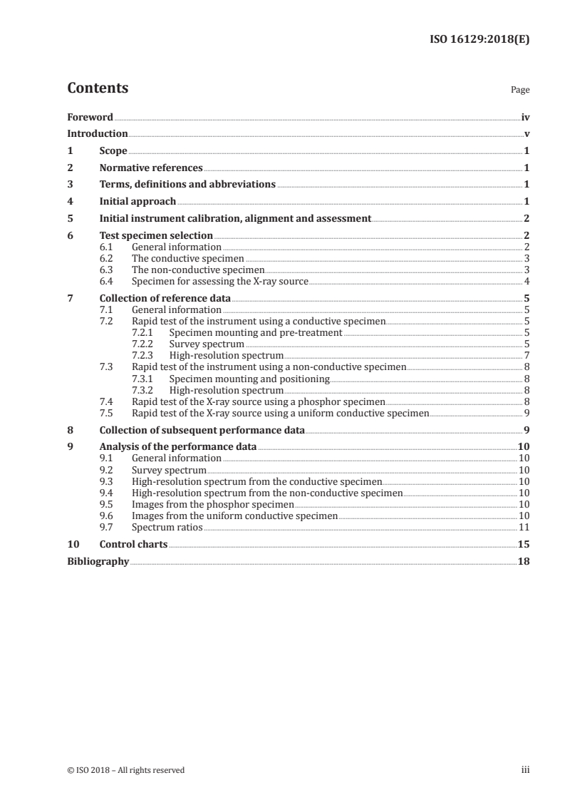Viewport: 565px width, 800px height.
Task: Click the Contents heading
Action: tap(98, 88)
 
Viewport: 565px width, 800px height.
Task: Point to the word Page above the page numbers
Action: tap(520, 91)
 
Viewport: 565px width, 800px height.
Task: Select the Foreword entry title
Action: tap(90, 116)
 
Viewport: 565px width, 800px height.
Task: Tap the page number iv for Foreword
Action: tap(525, 116)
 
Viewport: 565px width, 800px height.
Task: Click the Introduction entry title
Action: tap(98, 133)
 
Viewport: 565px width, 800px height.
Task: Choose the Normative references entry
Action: tap(151, 168)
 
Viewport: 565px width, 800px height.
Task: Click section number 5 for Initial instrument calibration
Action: tap(70, 218)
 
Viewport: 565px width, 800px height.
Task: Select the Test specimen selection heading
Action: tap(156, 235)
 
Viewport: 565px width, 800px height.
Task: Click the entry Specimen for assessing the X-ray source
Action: tap(220, 281)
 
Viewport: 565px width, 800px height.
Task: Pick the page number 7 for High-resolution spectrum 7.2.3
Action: tap(526, 355)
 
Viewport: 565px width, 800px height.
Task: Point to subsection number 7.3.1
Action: tap(144, 378)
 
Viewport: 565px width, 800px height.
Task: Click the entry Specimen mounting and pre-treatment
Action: tap(256, 332)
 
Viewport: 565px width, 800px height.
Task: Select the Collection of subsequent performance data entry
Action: tap(202, 430)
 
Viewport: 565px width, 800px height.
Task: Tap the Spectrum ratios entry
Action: tap(167, 527)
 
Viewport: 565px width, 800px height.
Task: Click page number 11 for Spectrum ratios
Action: tap(524, 527)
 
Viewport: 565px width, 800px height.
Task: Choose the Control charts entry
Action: tap(133, 544)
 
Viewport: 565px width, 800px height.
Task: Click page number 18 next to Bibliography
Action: tap(524, 561)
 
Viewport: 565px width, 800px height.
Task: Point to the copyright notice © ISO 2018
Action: tap(125, 770)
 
